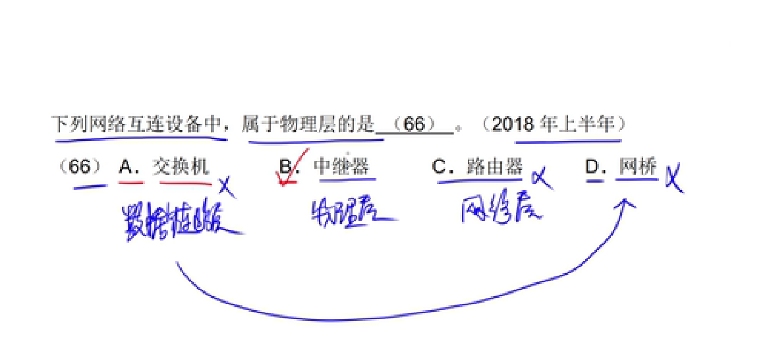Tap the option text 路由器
tap(494, 167)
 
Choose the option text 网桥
tap(637, 167)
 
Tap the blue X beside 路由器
tap(542, 178)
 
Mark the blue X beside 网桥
tap(673, 178)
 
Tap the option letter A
tap(126, 167)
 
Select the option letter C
tap(439, 167)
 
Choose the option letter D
tap(592, 167)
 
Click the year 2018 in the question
tap(514, 124)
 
